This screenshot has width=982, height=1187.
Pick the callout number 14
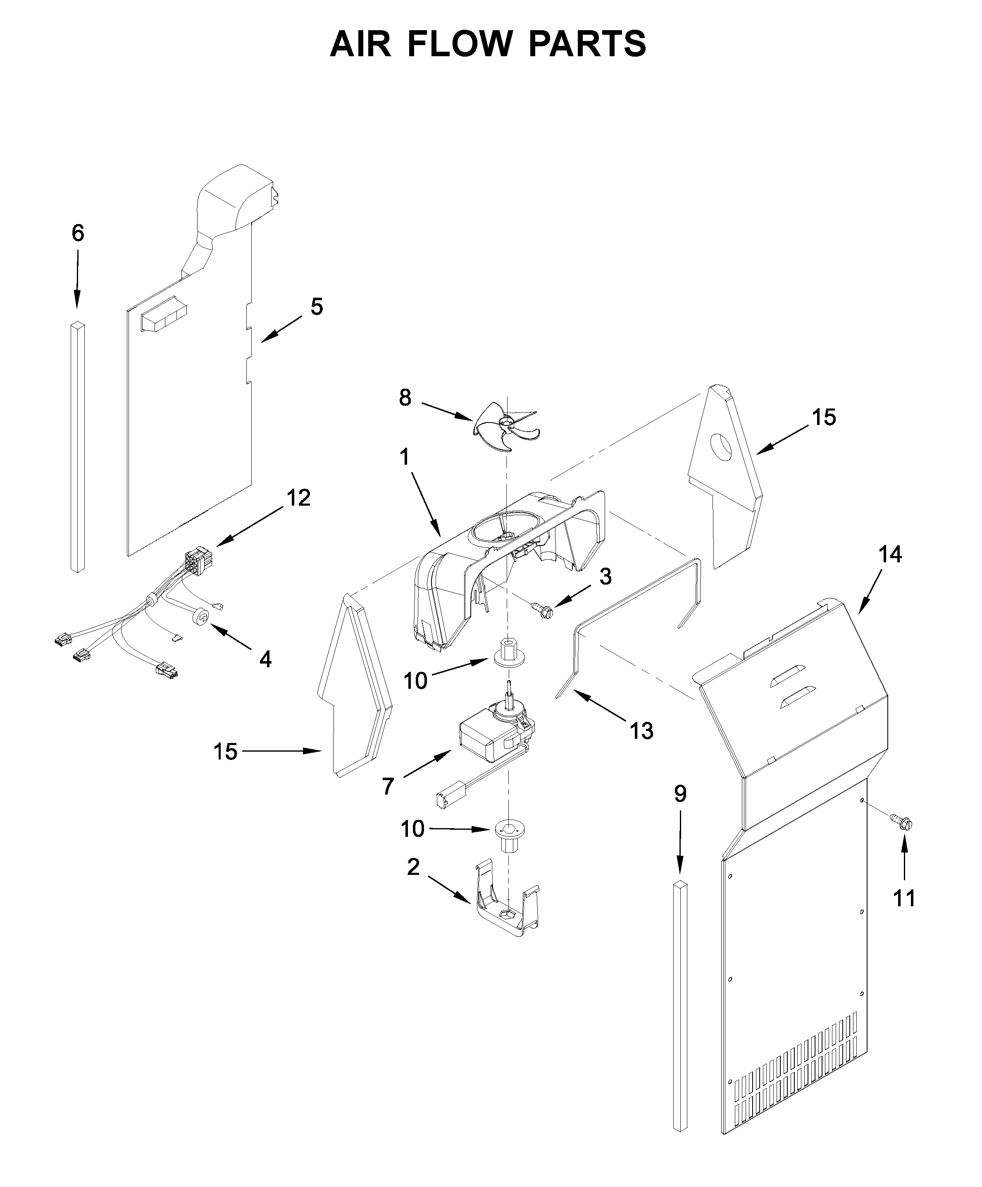coord(889,554)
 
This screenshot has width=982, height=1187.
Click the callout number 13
coord(641,731)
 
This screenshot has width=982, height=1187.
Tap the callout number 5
coord(317,307)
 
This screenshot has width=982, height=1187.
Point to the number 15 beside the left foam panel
coord(225,751)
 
